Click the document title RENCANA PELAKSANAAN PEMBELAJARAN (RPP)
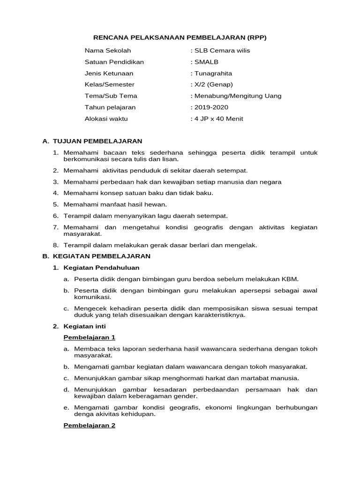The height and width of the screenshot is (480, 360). (180, 37)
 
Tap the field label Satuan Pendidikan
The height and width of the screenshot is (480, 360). (114, 62)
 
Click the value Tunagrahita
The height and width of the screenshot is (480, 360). (213, 73)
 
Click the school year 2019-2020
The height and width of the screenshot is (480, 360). (211, 107)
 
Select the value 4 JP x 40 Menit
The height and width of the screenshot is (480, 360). (218, 119)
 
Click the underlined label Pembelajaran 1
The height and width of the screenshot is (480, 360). (89, 337)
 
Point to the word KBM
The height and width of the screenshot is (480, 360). (290, 279)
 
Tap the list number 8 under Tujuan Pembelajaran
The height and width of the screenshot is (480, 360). (55, 245)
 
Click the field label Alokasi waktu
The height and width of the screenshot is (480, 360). (106, 119)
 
